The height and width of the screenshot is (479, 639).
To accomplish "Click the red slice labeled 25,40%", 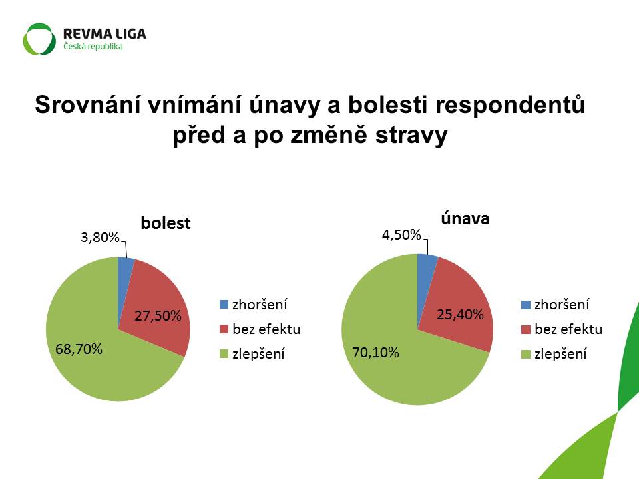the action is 459,309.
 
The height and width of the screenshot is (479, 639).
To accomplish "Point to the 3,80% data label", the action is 100,237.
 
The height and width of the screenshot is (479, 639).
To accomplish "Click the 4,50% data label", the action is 401,235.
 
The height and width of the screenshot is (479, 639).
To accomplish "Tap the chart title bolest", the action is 166,223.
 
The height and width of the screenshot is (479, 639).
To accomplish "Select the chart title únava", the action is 465,218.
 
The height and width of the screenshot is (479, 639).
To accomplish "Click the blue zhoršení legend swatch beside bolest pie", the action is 224,304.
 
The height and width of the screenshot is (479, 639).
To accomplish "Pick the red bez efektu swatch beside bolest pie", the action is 224,329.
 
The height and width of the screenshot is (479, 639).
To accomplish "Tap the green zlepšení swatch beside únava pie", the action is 526,354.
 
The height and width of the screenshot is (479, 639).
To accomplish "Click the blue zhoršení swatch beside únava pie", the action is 526,304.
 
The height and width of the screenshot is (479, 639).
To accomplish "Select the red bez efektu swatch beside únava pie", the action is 526,329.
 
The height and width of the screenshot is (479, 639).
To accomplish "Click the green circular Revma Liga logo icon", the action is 39,39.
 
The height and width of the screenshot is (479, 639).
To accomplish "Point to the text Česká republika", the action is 93,46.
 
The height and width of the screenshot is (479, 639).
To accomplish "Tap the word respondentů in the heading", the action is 511,106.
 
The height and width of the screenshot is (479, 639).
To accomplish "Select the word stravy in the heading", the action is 411,136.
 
